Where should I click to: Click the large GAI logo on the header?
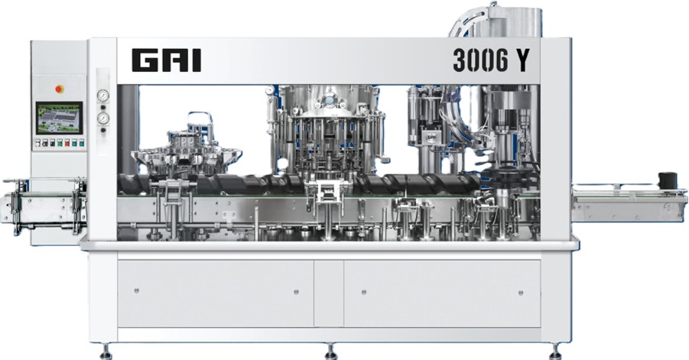point(167,60)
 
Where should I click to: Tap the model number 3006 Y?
point(491,60)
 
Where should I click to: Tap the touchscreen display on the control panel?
point(59,118)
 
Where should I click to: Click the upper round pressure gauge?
point(103,96)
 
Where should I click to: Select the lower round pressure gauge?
point(103,118)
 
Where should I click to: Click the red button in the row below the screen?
point(67,143)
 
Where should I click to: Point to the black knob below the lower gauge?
point(103,130)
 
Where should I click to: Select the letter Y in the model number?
point(522,60)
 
